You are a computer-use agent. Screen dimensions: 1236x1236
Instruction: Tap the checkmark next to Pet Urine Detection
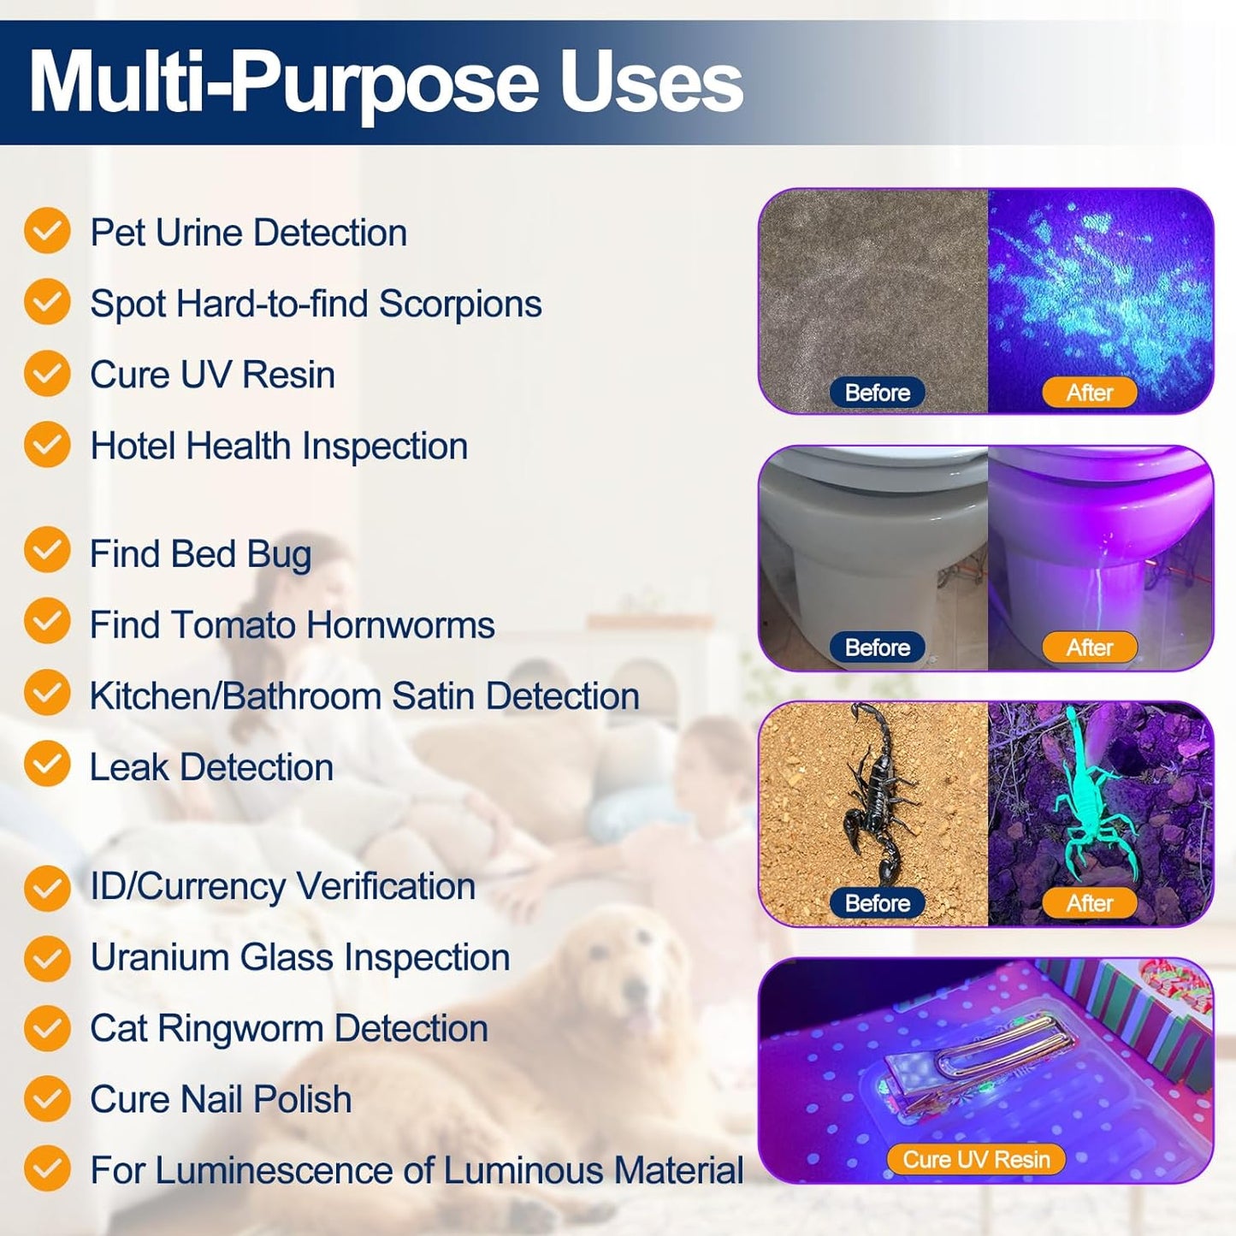click(47, 231)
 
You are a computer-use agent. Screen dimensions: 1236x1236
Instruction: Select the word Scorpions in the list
click(460, 305)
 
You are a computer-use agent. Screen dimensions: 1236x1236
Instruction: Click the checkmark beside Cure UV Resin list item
click(47, 374)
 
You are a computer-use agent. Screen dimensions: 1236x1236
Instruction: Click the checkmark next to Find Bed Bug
click(47, 551)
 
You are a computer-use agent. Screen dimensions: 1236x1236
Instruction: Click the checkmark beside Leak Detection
click(47, 764)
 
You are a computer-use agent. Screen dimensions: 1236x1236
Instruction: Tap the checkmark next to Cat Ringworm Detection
click(47, 1028)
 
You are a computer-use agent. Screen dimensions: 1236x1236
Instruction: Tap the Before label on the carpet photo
click(878, 393)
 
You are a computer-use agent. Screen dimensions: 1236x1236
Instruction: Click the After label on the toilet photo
click(1090, 648)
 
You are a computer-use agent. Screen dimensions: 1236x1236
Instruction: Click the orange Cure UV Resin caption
click(976, 1160)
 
